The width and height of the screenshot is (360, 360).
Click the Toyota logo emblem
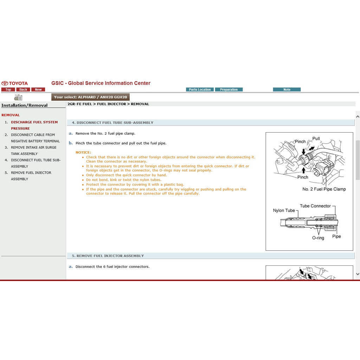click(5, 83)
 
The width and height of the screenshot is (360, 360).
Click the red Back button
click(23, 90)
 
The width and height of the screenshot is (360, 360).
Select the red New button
click(38, 90)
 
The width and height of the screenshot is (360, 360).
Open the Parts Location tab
click(200, 90)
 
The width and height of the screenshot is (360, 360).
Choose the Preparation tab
click(229, 90)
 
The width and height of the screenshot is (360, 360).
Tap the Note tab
click(287, 90)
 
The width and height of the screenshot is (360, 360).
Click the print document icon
click(18, 97)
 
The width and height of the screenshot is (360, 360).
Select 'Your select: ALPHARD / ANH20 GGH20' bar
click(90, 97)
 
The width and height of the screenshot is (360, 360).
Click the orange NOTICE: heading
click(83, 153)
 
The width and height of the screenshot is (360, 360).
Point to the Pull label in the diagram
click(316, 139)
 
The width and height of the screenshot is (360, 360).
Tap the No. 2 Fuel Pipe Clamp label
click(324, 189)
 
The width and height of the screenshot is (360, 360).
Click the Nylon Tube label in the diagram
click(284, 211)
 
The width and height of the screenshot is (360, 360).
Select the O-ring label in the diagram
click(318, 238)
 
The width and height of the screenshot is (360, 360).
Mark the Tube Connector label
click(315, 206)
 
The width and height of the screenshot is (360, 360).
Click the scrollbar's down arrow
click(358, 274)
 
